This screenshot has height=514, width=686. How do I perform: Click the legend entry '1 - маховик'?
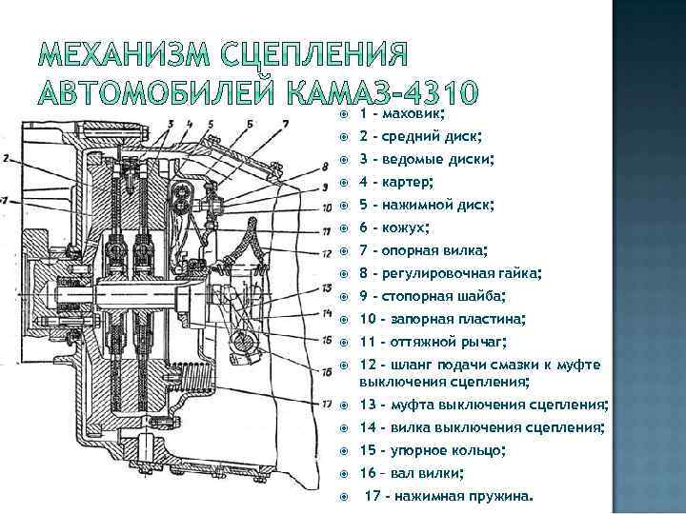[x=401, y=113]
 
